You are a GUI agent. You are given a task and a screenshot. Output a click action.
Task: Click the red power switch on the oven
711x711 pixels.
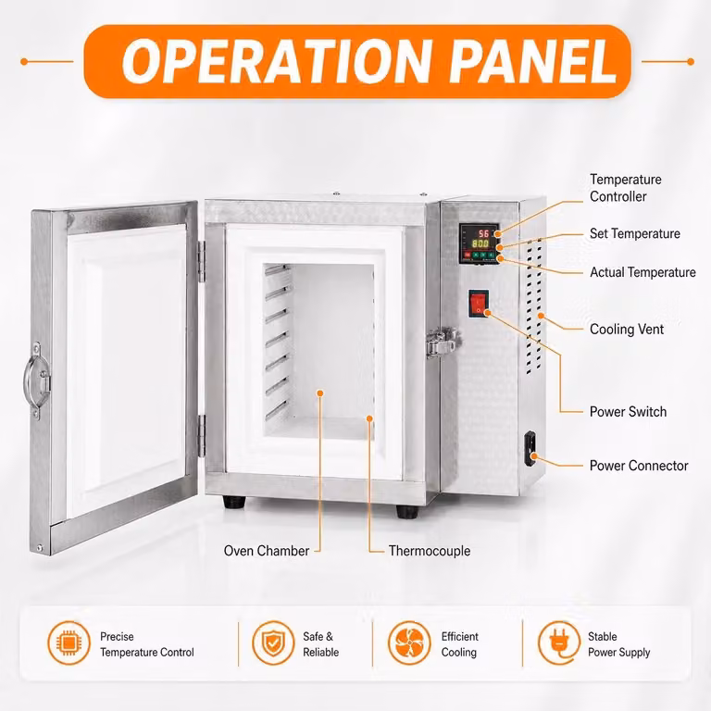pyautogui.click(x=479, y=303)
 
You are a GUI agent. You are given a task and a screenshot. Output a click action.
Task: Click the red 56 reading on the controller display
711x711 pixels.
pyautogui.click(x=483, y=233)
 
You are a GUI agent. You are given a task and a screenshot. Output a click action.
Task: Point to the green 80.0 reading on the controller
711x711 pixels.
pyautogui.click(x=480, y=244)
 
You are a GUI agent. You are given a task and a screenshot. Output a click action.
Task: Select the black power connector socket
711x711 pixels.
pyautogui.click(x=530, y=448)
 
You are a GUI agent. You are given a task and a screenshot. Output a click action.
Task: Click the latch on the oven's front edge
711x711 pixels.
pyautogui.click(x=443, y=343)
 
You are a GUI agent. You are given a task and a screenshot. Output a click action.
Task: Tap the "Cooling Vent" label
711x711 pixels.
pyautogui.click(x=627, y=330)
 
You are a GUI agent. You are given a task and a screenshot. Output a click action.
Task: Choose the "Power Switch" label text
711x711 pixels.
pyautogui.click(x=628, y=412)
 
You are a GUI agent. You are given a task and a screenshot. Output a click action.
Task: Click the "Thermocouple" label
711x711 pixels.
pyautogui.click(x=430, y=551)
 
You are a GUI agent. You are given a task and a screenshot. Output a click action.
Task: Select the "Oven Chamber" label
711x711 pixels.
pyautogui.click(x=267, y=551)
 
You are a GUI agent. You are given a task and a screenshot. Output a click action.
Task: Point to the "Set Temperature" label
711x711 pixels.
pyautogui.click(x=635, y=233)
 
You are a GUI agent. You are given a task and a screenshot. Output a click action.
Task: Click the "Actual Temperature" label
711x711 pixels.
pyautogui.click(x=642, y=272)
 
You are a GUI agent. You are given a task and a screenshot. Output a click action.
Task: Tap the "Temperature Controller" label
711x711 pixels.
pyautogui.click(x=625, y=188)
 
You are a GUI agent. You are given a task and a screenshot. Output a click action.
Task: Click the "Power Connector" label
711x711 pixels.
pyautogui.click(x=639, y=466)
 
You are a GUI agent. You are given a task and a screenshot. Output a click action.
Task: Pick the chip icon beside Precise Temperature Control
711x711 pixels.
pyautogui.click(x=69, y=643)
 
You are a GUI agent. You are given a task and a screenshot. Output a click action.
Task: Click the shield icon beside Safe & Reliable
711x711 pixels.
pyautogui.click(x=273, y=643)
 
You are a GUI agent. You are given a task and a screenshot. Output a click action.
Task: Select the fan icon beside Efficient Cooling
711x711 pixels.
pyautogui.click(x=409, y=643)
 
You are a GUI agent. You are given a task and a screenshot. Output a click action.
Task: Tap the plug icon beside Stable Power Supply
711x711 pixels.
pyautogui.click(x=559, y=643)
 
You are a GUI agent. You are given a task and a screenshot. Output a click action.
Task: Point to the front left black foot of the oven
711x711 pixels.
pyautogui.click(x=234, y=502)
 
